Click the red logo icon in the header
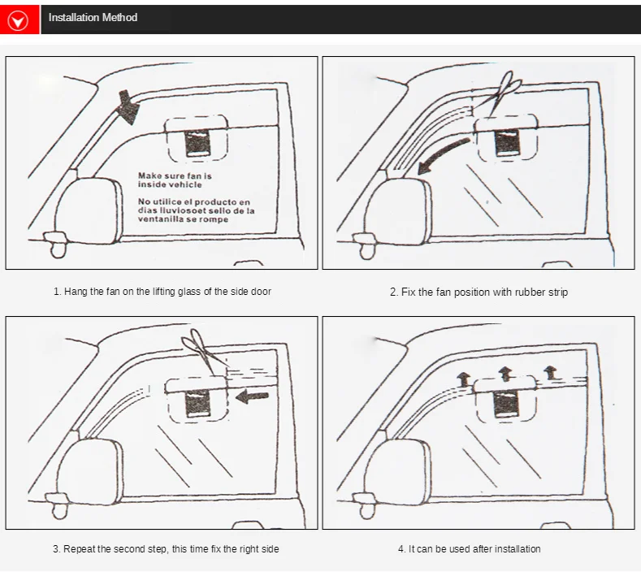(x=18, y=19)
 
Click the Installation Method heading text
(x=93, y=17)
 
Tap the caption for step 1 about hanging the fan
(x=162, y=291)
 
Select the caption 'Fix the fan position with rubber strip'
(x=479, y=292)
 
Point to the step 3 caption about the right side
(x=166, y=549)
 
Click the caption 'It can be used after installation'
(x=469, y=549)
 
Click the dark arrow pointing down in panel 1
(x=127, y=106)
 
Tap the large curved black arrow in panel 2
(x=443, y=154)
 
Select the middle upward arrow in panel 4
(x=505, y=372)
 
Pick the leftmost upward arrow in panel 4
(x=462, y=378)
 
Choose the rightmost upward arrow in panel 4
(x=550, y=371)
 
